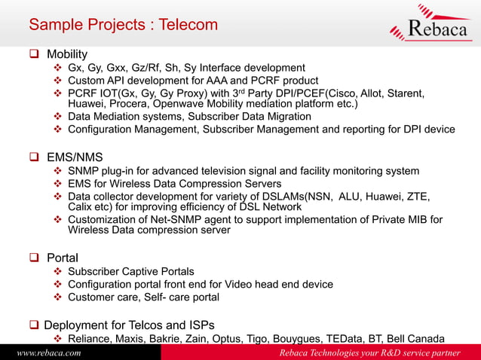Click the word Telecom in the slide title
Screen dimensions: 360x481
pyautogui.click(x=188, y=24)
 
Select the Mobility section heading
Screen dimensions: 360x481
pyautogui.click(x=67, y=54)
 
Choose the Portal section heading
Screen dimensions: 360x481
pyautogui.click(x=63, y=257)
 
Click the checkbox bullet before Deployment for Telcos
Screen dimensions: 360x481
pyautogui.click(x=34, y=325)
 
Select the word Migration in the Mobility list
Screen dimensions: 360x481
pyautogui.click(x=284, y=116)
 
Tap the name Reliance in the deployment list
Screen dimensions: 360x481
pyautogui.click(x=92, y=339)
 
